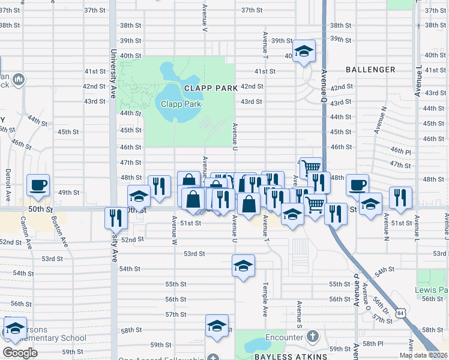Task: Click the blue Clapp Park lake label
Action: coord(181,104)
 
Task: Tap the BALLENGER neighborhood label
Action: coord(370,70)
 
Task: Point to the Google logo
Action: coord(19,353)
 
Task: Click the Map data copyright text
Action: coord(423,355)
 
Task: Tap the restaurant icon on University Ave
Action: coord(116,218)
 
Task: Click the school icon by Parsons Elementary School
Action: coord(15,328)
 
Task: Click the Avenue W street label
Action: coord(175,227)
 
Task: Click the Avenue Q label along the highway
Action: coord(324,84)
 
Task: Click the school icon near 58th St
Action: coord(217,326)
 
